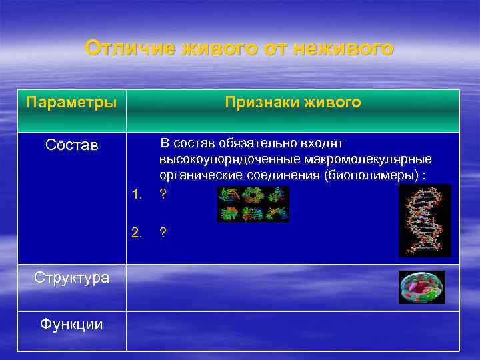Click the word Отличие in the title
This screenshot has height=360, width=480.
[127, 49]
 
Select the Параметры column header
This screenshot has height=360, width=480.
[71, 103]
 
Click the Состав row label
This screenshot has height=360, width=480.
[71, 145]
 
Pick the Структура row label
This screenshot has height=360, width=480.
[71, 277]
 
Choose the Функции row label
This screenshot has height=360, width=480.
[71, 324]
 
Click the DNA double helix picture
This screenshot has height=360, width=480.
[425, 221]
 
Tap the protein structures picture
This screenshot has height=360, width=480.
[253, 203]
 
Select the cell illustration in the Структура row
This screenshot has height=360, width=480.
[421, 287]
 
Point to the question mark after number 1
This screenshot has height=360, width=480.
[163, 195]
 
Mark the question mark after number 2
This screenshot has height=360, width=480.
[163, 232]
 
